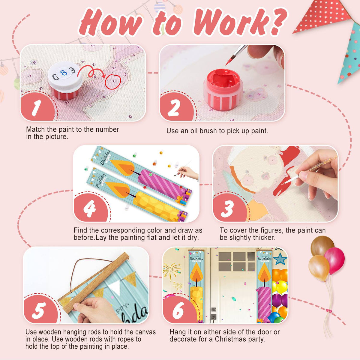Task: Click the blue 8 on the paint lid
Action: pyautogui.click(x=64, y=73)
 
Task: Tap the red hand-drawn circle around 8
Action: pyautogui.click(x=113, y=82)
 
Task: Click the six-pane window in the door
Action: pyautogui.click(x=236, y=262)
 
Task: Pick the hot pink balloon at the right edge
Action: pyautogui.click(x=334, y=261)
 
